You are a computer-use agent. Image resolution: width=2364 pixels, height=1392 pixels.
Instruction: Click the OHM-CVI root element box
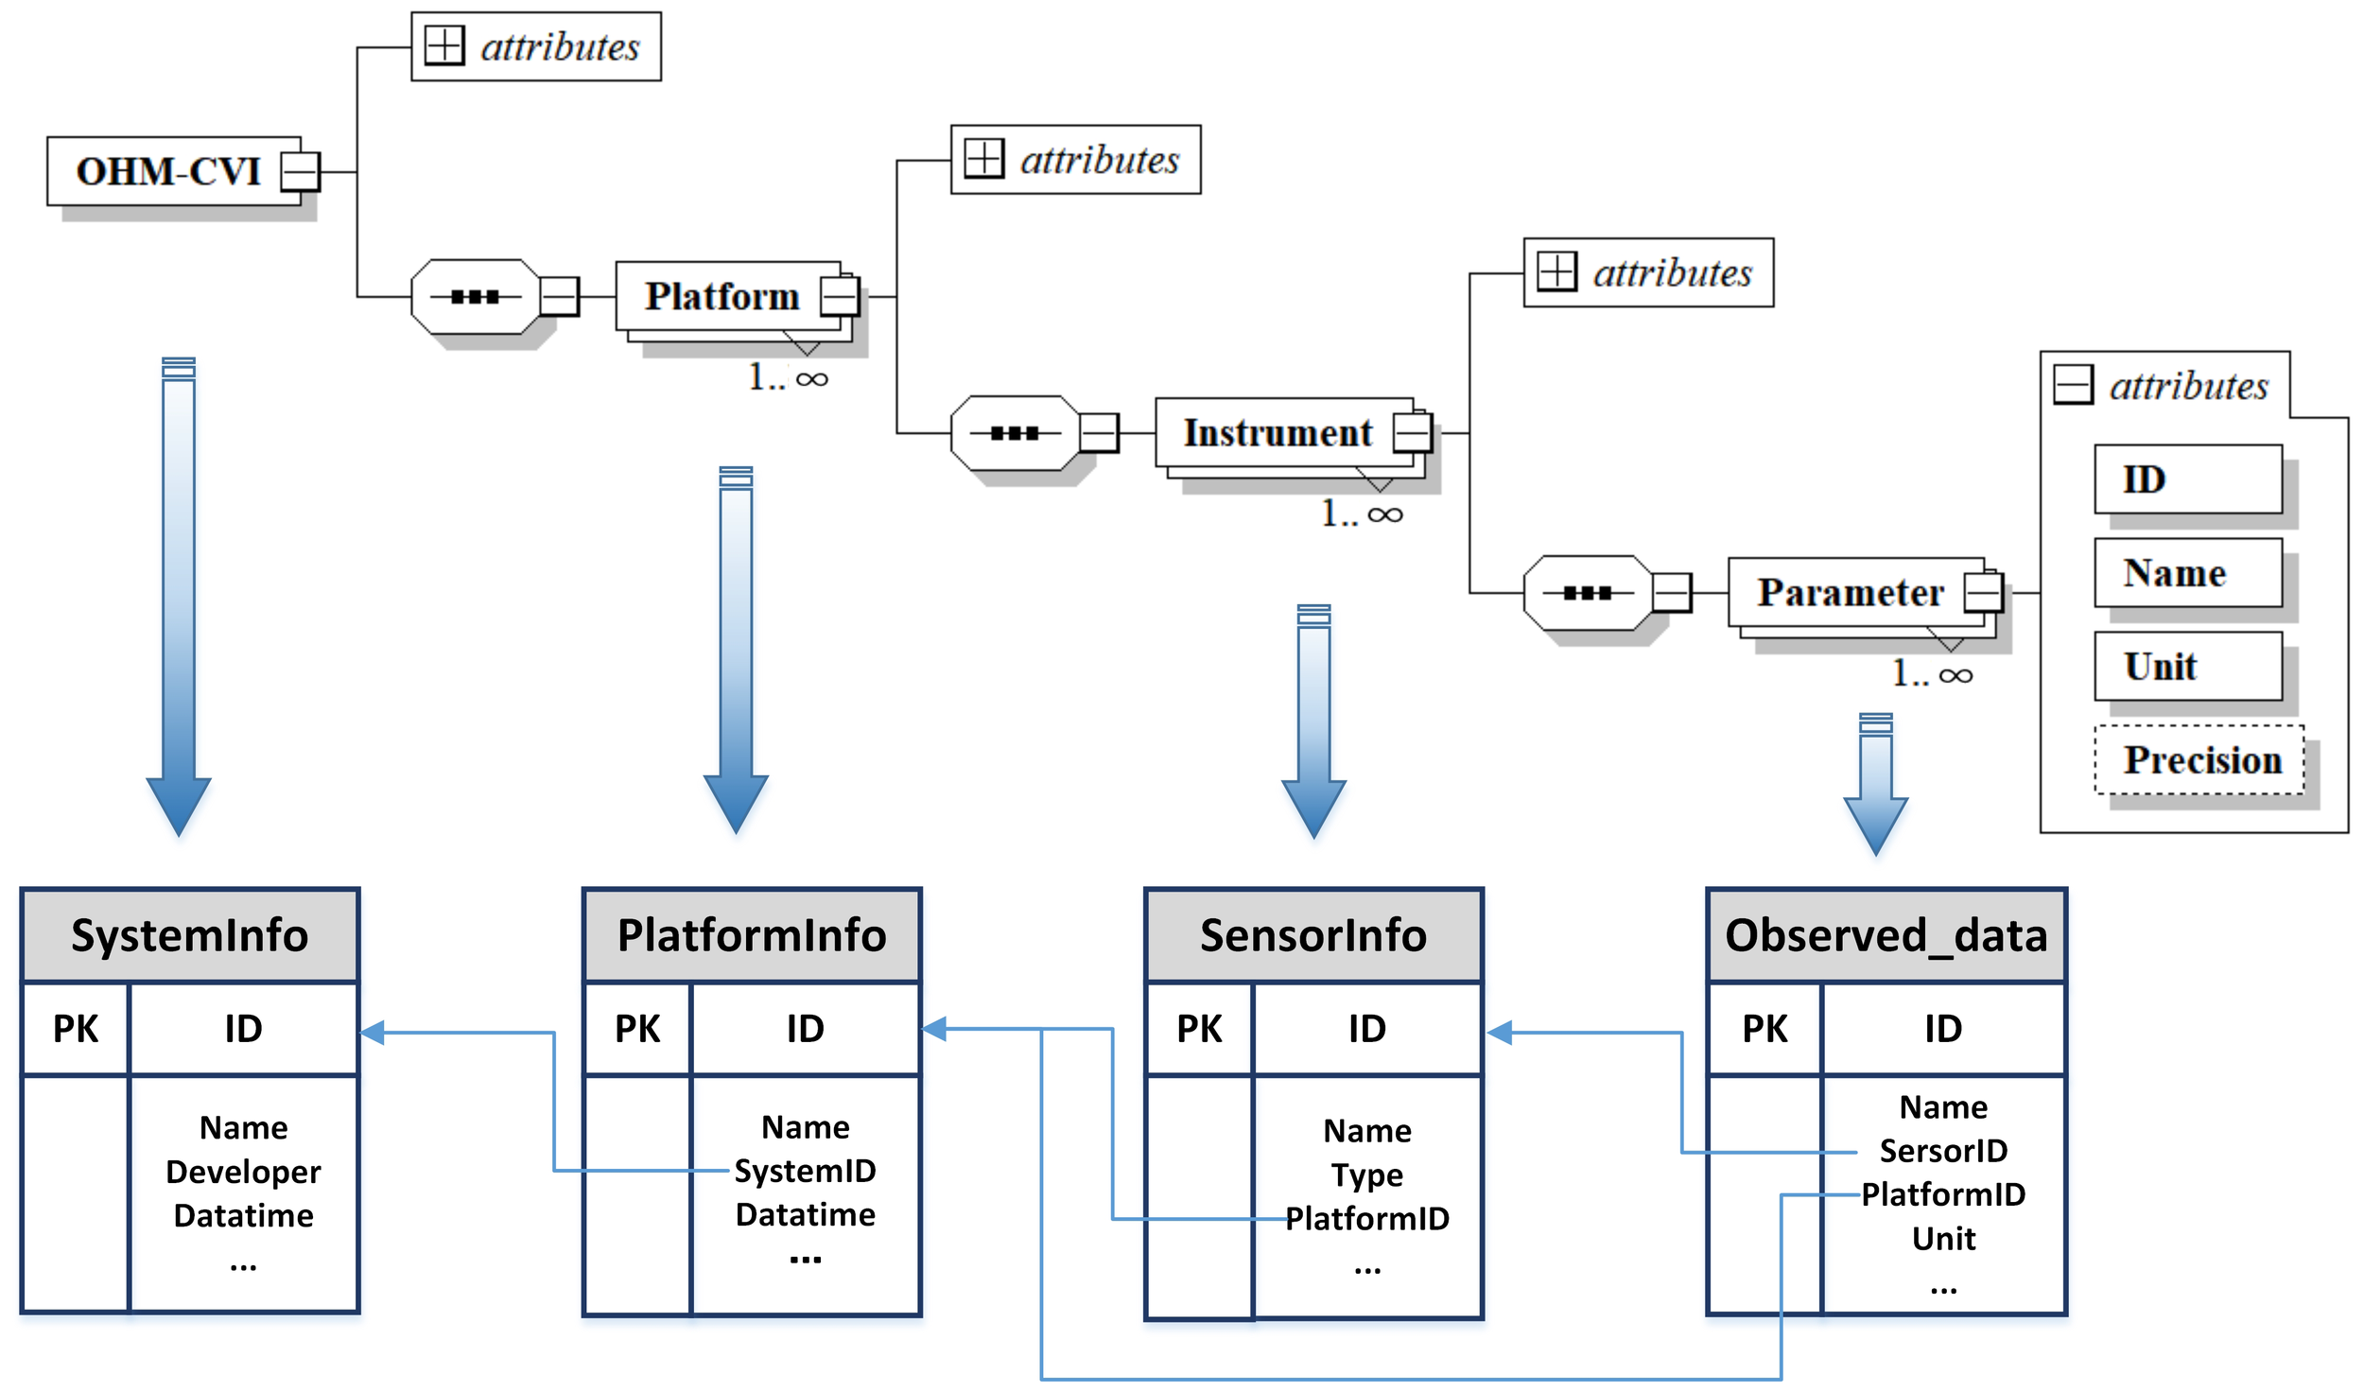[170, 171]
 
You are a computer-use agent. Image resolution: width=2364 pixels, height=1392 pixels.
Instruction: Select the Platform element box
[722, 296]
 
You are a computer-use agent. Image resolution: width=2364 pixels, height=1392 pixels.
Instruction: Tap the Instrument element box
[1278, 432]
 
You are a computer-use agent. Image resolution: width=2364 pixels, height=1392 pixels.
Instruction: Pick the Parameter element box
[1851, 592]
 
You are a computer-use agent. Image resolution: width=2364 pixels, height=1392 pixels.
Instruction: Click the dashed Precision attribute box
[2200, 759]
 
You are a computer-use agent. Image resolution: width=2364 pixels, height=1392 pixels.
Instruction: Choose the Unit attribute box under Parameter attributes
[2187, 666]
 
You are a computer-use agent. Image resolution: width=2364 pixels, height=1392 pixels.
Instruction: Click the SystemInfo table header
[189, 934]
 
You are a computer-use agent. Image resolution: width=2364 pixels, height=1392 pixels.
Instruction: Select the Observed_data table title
[1886, 934]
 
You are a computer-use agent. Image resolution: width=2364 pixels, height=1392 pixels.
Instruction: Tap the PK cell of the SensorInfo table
[1199, 1028]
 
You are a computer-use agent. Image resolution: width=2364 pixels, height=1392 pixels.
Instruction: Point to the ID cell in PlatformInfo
[805, 1028]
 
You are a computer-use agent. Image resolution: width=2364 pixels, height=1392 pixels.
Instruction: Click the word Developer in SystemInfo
[243, 1172]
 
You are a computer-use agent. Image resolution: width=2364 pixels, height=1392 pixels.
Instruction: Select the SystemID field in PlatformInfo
[805, 1171]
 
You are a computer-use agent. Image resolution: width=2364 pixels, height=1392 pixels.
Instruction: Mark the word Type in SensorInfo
[1366, 1174]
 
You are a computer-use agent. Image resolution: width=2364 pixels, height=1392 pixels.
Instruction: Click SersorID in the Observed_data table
[1942, 1150]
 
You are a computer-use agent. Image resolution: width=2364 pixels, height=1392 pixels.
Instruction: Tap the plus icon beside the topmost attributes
[443, 45]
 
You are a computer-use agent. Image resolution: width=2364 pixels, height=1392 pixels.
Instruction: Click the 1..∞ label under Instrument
[1361, 513]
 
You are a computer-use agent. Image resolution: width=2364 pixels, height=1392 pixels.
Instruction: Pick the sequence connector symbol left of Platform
[476, 297]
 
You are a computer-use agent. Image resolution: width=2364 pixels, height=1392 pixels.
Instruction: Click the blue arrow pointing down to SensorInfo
[1313, 719]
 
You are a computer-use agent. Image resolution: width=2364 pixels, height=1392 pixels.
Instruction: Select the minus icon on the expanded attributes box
[2073, 385]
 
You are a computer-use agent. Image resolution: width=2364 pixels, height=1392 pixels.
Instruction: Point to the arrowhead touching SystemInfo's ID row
[374, 1033]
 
